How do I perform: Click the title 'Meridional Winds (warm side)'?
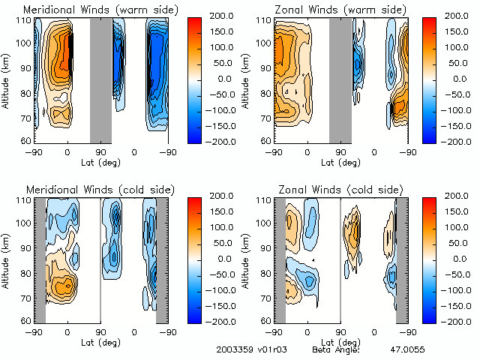tap(92, 10)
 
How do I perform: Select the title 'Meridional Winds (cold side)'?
tap(91, 189)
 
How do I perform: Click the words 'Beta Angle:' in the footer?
tap(336, 349)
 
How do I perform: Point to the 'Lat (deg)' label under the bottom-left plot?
tap(100, 341)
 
